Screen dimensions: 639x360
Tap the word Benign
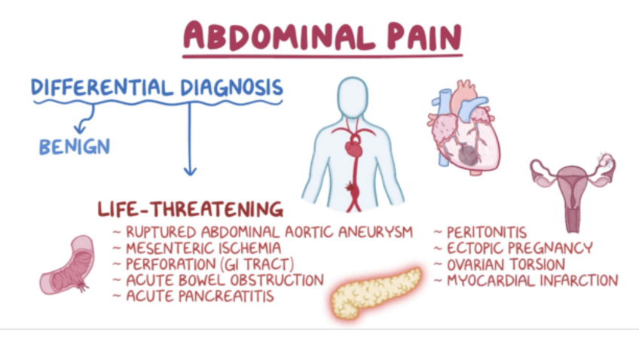point(75,145)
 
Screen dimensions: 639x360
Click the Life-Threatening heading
point(190,209)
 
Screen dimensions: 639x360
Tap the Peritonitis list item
point(487,232)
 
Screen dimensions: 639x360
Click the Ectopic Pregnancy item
point(519,248)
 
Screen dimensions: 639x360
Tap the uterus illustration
point(573,185)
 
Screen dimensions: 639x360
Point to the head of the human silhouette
point(353,96)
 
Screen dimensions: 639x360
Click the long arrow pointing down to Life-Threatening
point(190,139)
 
